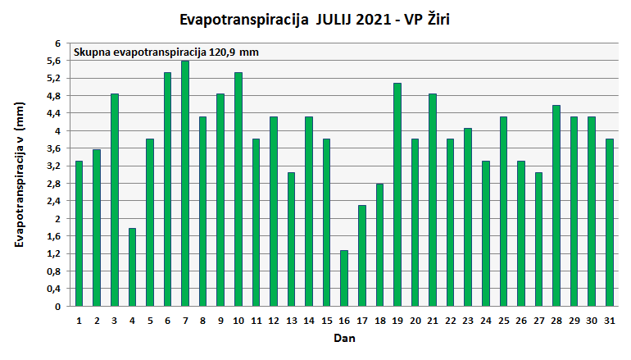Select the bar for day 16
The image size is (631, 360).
(x=344, y=278)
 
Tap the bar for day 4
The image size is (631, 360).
(x=132, y=267)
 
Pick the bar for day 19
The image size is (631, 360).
(x=397, y=194)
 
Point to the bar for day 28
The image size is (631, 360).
(x=556, y=206)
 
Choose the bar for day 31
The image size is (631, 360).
(x=610, y=222)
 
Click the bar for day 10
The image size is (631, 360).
(x=238, y=189)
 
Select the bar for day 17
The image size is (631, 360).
(x=362, y=256)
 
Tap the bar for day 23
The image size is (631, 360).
(x=468, y=217)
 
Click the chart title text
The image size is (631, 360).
(x=315, y=18)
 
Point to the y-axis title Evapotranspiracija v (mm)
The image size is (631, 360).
(x=21, y=175)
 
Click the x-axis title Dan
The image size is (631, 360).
(x=344, y=338)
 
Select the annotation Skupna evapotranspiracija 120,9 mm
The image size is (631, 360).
(x=166, y=52)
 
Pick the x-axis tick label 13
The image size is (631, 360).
(x=292, y=321)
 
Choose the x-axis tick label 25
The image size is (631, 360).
(x=503, y=321)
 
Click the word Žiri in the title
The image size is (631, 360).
(x=434, y=18)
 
